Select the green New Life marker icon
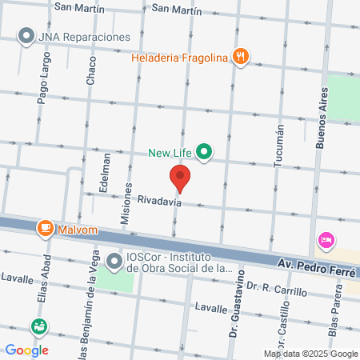(204, 150)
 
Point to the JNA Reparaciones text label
(87, 37)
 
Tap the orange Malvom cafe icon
(46, 229)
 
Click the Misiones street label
(125, 206)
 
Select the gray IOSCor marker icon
(115, 261)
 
